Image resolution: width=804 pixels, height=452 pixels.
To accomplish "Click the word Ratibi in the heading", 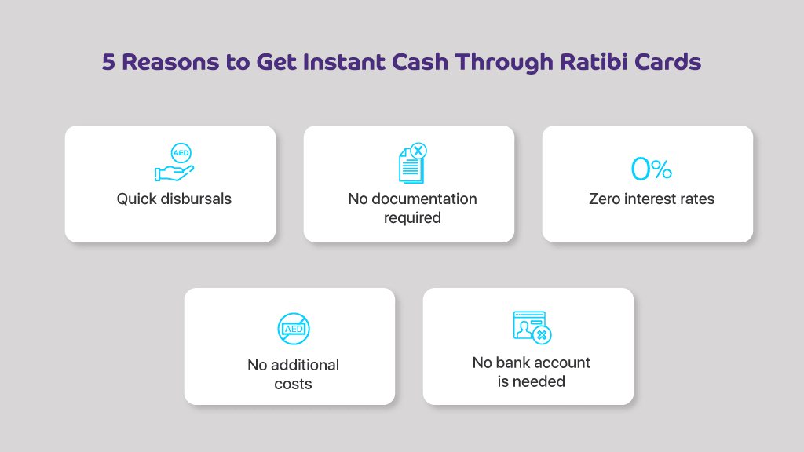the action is point(594,62).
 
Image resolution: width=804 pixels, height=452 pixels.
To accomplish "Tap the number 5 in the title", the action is point(108,62).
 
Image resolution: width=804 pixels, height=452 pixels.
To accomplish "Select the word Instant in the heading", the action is point(344,62).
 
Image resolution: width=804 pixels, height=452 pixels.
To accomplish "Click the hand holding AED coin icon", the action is point(174,162).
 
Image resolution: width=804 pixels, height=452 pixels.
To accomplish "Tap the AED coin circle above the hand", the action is point(181,153).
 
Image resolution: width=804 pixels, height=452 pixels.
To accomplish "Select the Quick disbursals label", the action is point(174,199).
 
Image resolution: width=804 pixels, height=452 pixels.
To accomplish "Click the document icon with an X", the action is point(413,163).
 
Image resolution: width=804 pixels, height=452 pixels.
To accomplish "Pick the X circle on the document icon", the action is point(418,151).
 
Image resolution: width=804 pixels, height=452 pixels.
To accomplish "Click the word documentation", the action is point(424,199).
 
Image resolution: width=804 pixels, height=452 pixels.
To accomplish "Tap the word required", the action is point(412,218).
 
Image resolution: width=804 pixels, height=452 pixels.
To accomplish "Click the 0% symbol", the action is point(651,169).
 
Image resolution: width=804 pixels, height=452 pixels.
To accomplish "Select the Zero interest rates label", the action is point(651,199).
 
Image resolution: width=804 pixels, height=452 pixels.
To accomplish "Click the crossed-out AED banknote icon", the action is point(294,329).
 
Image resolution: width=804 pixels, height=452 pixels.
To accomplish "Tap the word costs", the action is point(293,384).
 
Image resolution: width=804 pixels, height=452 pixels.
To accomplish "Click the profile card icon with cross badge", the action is point(532,327).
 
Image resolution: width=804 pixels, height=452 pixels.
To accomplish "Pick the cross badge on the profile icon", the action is point(542,335).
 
